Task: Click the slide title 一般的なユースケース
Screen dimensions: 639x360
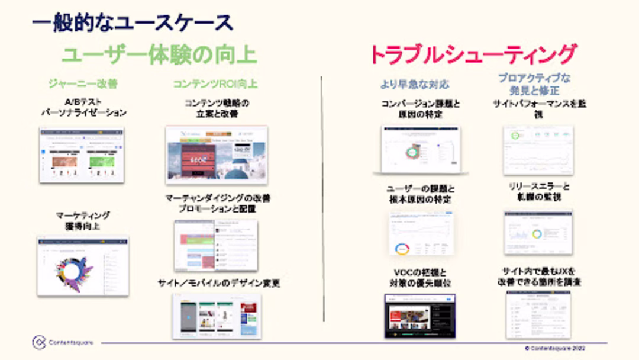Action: point(132,22)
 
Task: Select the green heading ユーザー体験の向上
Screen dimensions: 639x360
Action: point(159,54)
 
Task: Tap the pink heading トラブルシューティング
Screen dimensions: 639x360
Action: point(472,54)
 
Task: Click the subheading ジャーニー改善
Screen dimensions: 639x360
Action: point(83,84)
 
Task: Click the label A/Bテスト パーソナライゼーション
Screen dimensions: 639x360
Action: point(83,107)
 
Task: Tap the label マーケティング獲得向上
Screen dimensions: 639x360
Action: point(83,220)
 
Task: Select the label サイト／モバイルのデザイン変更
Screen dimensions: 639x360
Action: point(218,283)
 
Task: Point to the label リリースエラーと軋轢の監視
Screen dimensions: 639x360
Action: point(538,192)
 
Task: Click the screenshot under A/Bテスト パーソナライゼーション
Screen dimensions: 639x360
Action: point(82,154)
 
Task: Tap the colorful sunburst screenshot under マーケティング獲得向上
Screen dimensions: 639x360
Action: point(83,267)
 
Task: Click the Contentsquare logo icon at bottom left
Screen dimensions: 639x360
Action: point(39,342)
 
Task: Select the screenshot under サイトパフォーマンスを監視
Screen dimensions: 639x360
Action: point(538,150)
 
